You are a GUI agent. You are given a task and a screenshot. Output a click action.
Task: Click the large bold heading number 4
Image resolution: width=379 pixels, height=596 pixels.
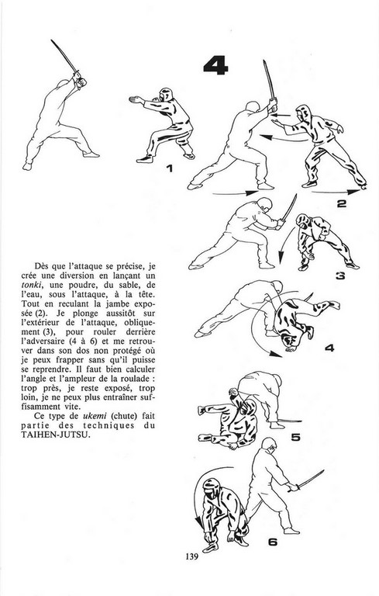[x=215, y=66]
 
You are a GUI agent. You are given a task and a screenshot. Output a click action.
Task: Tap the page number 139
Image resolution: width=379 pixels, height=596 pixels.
[x=191, y=557]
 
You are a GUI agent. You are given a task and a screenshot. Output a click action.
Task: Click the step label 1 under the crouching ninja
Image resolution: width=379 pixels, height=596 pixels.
[x=170, y=168]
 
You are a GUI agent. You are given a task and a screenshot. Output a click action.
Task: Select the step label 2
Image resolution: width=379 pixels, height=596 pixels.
[x=341, y=204]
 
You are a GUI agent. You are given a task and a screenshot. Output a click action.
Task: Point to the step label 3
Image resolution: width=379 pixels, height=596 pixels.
[x=340, y=276]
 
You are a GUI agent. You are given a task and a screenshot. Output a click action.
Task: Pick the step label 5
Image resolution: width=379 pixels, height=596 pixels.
[x=295, y=437]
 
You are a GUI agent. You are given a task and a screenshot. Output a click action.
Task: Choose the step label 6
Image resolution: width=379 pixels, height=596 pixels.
[x=273, y=542]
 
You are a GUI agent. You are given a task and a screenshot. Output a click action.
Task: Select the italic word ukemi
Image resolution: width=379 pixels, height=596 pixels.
[x=95, y=416]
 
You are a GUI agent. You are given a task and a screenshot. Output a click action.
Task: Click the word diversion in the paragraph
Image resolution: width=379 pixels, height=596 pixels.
[x=84, y=275]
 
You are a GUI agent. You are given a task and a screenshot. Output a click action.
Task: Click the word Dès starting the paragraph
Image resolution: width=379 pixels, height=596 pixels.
[x=41, y=265]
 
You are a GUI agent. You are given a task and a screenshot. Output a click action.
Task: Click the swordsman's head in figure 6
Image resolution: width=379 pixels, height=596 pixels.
[x=269, y=444]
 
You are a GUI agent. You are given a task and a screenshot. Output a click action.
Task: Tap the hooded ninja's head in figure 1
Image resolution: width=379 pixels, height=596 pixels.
[x=166, y=95]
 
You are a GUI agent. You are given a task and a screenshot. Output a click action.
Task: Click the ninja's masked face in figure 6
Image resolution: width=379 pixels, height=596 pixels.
[x=210, y=488]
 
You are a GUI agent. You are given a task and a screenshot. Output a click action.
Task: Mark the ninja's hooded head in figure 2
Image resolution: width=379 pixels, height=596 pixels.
[x=303, y=113]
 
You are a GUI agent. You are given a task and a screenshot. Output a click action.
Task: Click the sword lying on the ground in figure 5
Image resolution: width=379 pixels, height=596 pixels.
[x=284, y=421]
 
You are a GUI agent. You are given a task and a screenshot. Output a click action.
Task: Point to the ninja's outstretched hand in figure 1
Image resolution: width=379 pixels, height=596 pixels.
[x=134, y=99]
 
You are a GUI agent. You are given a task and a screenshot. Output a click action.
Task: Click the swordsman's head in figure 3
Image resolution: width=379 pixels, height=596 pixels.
[x=265, y=205]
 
